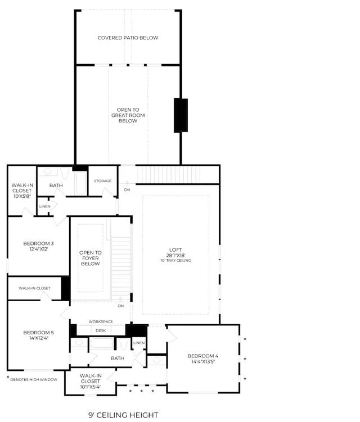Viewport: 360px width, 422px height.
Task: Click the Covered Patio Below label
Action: (x=128, y=38)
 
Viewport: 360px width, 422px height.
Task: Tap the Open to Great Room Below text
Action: (x=128, y=115)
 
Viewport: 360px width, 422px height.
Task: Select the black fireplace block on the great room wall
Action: (x=181, y=115)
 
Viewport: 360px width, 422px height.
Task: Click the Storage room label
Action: (x=102, y=181)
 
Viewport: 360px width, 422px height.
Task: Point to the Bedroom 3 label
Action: (x=38, y=243)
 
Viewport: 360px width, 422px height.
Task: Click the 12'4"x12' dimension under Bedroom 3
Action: (x=38, y=249)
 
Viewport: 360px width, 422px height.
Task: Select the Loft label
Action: (x=176, y=249)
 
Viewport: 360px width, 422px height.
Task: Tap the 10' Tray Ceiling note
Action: (x=176, y=260)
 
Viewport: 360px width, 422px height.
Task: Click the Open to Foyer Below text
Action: (x=90, y=258)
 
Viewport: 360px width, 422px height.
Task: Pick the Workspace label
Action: (x=101, y=321)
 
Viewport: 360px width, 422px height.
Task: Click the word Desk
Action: (x=101, y=330)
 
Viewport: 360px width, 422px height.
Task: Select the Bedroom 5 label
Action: (x=38, y=332)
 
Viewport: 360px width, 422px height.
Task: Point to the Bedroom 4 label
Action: (x=202, y=356)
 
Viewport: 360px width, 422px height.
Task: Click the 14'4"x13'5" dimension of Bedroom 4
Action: (x=202, y=362)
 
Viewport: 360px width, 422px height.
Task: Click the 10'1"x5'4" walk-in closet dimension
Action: (x=90, y=387)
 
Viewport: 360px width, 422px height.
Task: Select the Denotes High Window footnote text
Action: (x=34, y=380)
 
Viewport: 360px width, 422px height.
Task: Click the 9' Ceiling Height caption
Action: (x=123, y=415)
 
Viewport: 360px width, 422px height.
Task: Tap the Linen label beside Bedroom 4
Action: (x=139, y=343)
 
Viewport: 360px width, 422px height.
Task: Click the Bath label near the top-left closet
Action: (x=56, y=185)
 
